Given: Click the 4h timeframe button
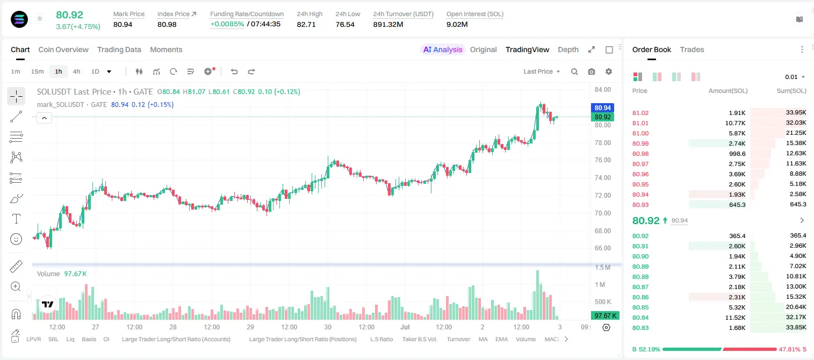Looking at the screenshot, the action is pos(76,71).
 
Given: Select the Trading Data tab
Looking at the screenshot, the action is pos(119,49).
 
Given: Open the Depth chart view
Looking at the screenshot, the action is pos(568,49).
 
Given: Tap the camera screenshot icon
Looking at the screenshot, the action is pos(592,71).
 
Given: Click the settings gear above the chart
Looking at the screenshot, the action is pos(609,71).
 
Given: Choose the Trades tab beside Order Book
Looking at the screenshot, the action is pos(692,49).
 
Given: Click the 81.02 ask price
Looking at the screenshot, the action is pos(640,113).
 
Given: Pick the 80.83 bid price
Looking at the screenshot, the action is pos(640,328).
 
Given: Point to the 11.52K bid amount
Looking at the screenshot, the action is pos(735,318).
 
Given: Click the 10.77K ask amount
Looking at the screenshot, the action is pos(735,123).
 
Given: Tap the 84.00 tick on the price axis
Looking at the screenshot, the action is pos(603,90).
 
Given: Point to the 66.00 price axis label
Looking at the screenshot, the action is pos(603,248).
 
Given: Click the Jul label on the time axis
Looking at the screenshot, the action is pos(405,327).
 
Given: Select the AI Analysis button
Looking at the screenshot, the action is pos(443,49).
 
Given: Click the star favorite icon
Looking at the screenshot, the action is pos(40,18).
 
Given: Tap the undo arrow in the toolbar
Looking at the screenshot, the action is pos(234,71).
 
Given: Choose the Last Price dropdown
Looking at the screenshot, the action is pos(542,71).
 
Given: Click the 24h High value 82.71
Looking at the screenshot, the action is pos(306,24).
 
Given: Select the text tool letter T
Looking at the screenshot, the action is pos(16,219).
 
